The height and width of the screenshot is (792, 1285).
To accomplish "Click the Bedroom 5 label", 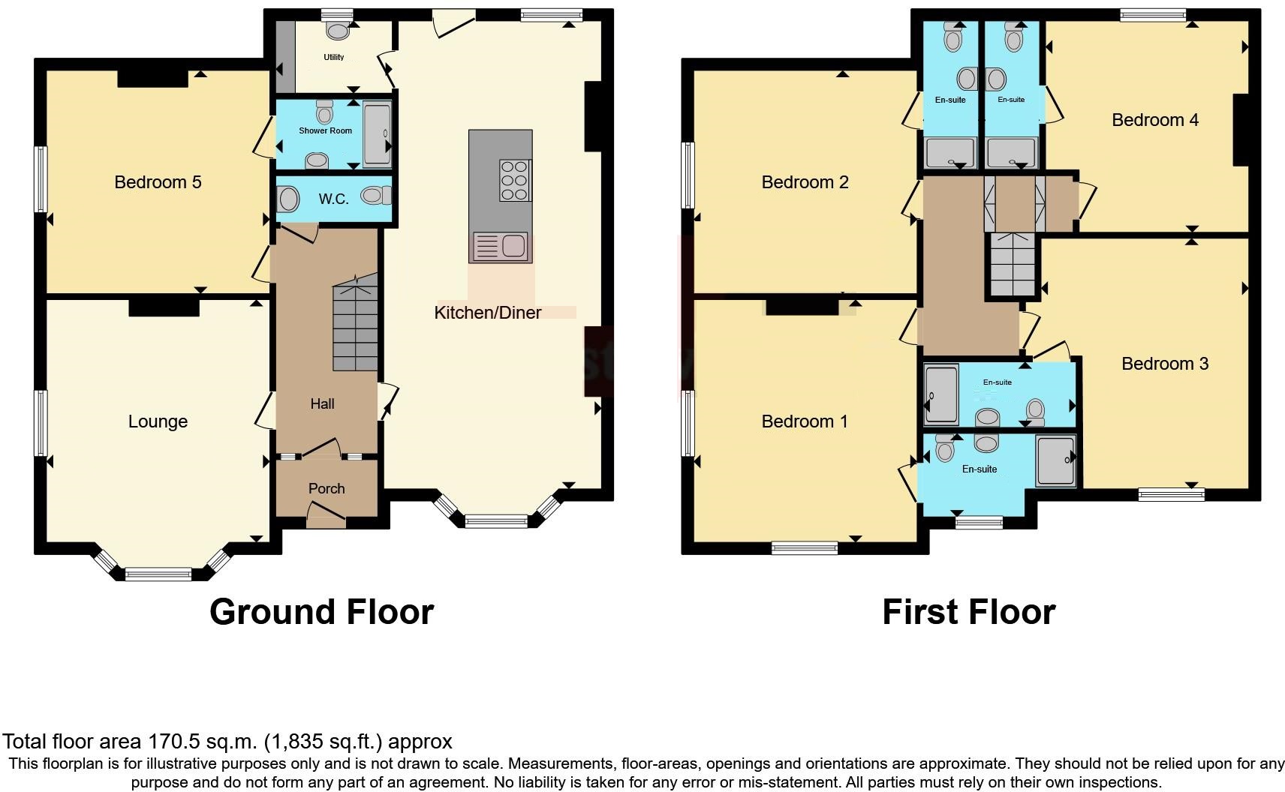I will (x=158, y=182).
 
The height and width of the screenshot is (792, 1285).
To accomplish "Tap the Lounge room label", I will (x=158, y=421).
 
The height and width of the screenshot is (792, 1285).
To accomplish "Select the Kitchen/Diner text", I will (x=487, y=313).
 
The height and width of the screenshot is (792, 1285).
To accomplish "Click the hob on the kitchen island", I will (x=515, y=181).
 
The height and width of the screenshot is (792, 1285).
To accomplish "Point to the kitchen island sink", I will (x=501, y=246).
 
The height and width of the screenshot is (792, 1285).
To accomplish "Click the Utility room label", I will (x=334, y=57).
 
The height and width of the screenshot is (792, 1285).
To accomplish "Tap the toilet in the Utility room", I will (x=339, y=31).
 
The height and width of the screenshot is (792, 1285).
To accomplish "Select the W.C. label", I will (x=333, y=199).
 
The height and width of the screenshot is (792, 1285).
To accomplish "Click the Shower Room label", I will (x=325, y=130).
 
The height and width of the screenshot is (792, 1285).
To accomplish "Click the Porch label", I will (x=327, y=488).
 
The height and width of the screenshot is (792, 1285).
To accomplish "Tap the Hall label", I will (x=322, y=403).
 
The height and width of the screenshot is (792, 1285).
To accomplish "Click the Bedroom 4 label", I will (x=1155, y=120).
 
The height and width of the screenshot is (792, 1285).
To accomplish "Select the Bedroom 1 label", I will (x=805, y=421).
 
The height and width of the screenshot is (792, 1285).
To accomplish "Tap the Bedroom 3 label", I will (x=1165, y=364).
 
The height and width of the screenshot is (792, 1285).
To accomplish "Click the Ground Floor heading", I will (x=321, y=612).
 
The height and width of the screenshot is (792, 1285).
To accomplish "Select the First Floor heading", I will (x=968, y=612).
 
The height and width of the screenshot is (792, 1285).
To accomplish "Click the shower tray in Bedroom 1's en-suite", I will (x=1056, y=460).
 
